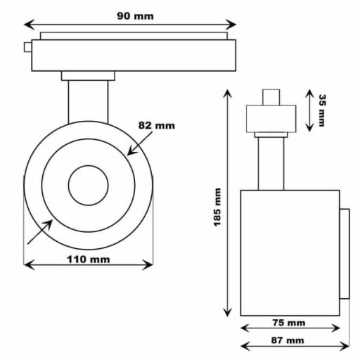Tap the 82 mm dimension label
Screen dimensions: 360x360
155,126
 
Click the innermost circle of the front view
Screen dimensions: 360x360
88,186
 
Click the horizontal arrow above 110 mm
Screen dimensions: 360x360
88,265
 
